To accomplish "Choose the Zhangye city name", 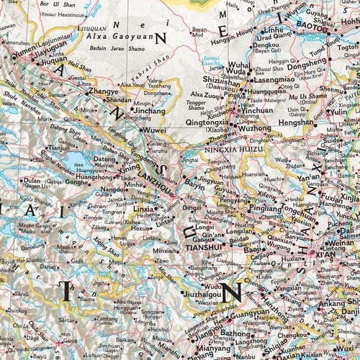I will point(103,93).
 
